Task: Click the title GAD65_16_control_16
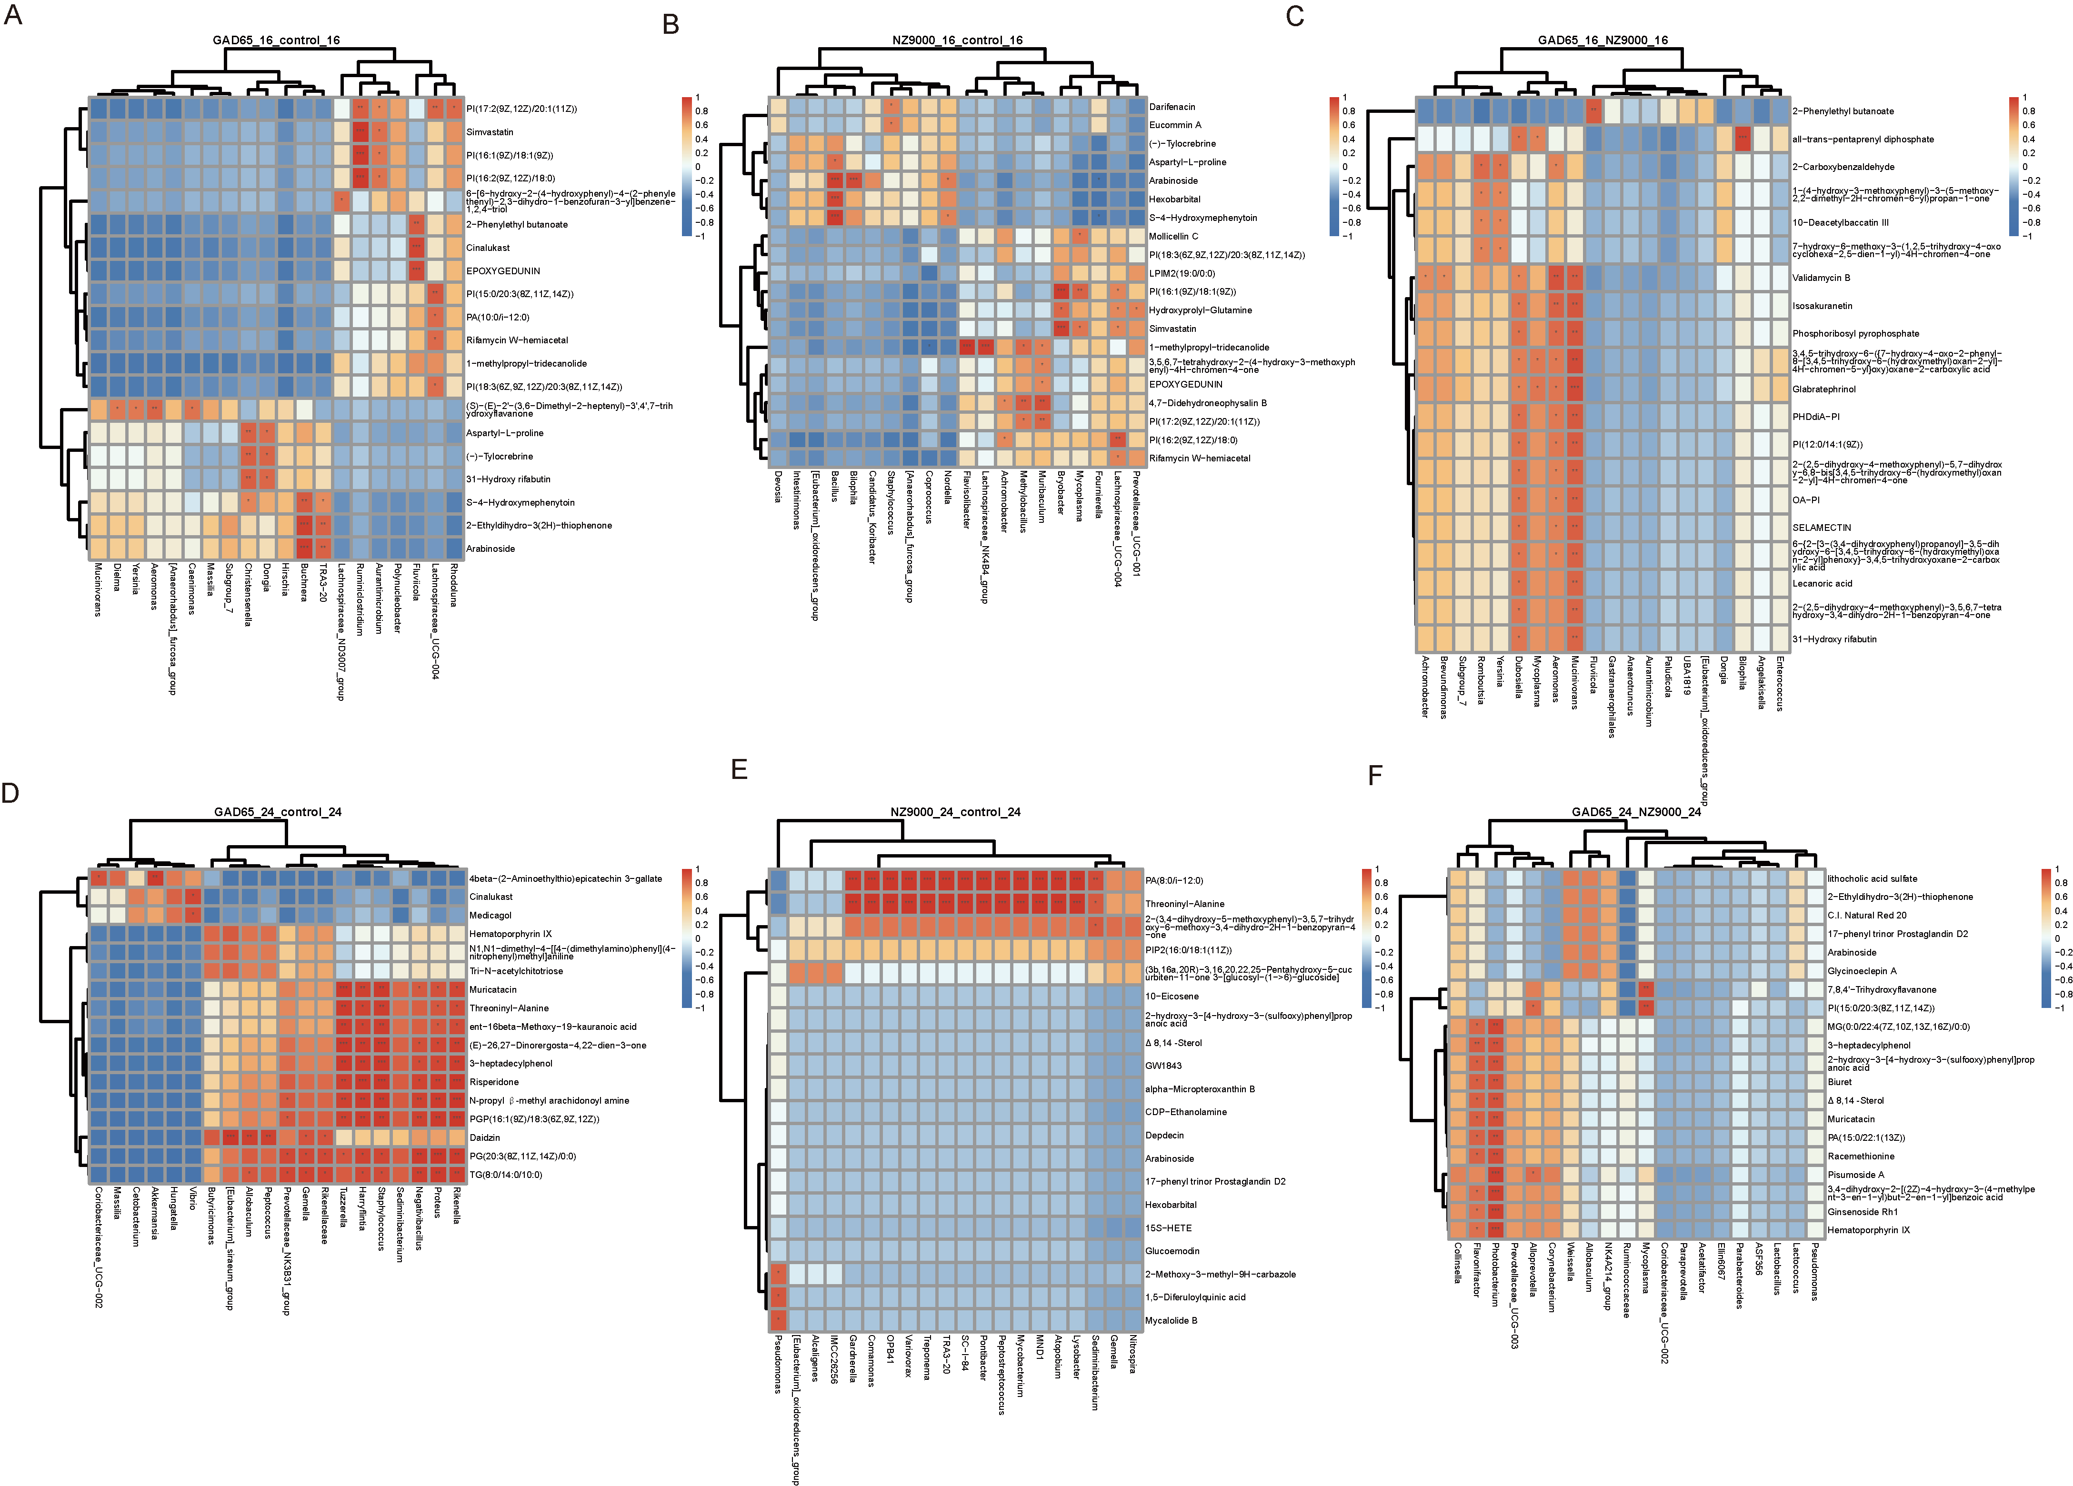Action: tap(276, 40)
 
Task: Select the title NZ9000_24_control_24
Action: tap(955, 811)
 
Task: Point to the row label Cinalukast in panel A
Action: tap(488, 248)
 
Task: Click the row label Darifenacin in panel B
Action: tap(1172, 107)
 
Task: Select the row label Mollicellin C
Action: tap(1173, 236)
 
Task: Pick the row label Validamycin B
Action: tap(1821, 278)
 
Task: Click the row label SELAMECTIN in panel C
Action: tap(1822, 528)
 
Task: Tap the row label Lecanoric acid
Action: tap(1822, 583)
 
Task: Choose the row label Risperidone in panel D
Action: tap(493, 1082)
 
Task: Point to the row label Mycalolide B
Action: tap(1171, 1321)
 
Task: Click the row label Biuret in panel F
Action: tap(1839, 1082)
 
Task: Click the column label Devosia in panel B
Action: tap(778, 486)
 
